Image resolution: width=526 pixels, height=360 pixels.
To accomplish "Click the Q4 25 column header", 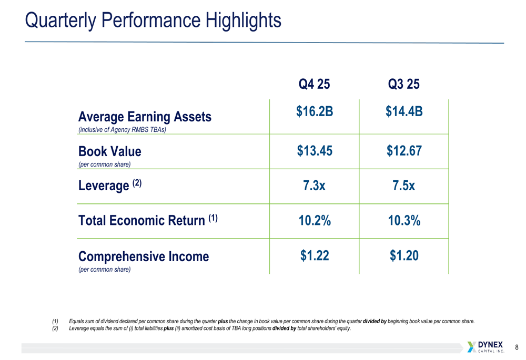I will click(314, 84).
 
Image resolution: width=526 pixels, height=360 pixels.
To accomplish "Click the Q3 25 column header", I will click(403, 84).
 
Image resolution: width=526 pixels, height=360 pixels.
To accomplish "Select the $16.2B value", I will click(314, 111).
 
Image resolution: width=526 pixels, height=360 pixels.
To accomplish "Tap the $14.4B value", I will click(403, 111).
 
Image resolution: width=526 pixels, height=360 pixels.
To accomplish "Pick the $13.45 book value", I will click(314, 151).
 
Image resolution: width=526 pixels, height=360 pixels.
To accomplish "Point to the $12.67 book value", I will click(403, 151).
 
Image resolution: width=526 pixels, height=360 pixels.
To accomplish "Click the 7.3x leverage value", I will click(314, 186).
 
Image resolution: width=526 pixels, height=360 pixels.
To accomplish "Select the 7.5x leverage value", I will click(403, 186).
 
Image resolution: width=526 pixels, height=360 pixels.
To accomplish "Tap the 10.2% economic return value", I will click(314, 221).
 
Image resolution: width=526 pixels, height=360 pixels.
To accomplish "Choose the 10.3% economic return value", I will click(403, 221).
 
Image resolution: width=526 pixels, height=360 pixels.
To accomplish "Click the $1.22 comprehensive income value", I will click(314, 256).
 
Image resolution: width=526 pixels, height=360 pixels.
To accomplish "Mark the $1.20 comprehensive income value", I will click(403, 256).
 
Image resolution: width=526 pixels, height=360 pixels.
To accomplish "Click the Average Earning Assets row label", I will click(145, 117).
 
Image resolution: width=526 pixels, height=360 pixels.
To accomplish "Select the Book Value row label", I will click(109, 152).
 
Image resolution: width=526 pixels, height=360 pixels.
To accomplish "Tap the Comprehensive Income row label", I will click(143, 256).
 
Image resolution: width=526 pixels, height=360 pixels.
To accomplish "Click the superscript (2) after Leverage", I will click(137, 183).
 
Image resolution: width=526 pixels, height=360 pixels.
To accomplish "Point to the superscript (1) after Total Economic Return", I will click(213, 218).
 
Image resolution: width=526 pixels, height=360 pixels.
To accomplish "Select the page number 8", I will click(517, 347).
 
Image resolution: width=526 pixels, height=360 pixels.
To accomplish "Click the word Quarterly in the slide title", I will click(60, 20).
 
